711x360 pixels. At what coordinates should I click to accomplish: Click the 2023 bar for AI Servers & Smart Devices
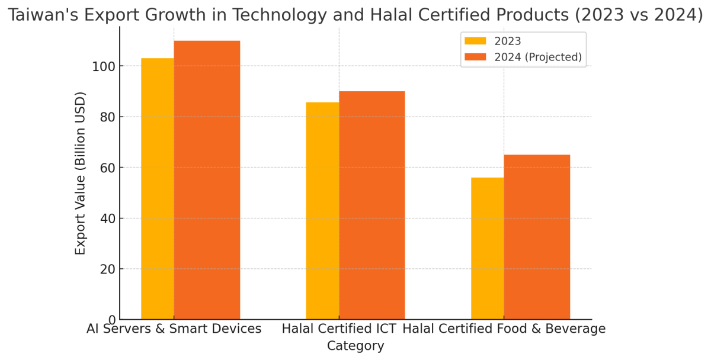coord(158,189)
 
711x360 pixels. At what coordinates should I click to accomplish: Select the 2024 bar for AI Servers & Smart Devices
coord(207,181)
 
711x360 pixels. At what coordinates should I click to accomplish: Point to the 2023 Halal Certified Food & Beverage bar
coord(487,249)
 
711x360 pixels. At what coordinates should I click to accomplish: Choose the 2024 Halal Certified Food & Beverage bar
coord(537,237)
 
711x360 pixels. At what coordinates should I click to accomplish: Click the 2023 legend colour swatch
coord(475,41)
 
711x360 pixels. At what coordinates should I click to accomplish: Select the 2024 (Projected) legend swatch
coord(475,57)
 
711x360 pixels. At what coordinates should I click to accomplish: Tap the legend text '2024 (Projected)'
coord(538,57)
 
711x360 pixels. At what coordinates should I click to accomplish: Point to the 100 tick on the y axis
coord(105,66)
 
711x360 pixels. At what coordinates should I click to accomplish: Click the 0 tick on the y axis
coord(112,320)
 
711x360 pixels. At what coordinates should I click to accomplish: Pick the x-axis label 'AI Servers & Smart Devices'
coord(174,329)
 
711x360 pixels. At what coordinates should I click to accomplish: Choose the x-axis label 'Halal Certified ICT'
coord(339,329)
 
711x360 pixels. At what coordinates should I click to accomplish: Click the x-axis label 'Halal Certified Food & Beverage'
coord(504,329)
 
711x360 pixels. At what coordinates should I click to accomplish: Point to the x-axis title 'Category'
coord(355,346)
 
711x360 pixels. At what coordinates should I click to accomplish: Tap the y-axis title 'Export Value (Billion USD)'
coord(81,173)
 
